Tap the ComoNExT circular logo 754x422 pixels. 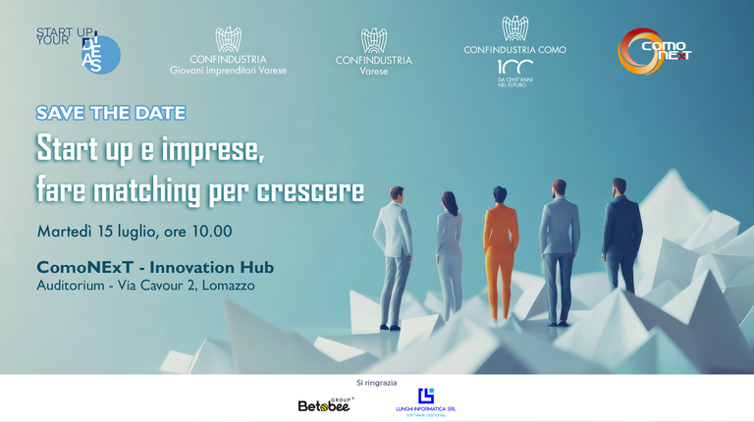654,51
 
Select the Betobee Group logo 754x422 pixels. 324,403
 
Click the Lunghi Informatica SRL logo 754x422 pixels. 425,401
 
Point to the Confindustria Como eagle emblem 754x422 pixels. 514,28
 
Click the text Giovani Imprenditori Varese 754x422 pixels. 229,71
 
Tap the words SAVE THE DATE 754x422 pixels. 110,113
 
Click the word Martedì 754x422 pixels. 64,232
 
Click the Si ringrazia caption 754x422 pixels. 376,382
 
